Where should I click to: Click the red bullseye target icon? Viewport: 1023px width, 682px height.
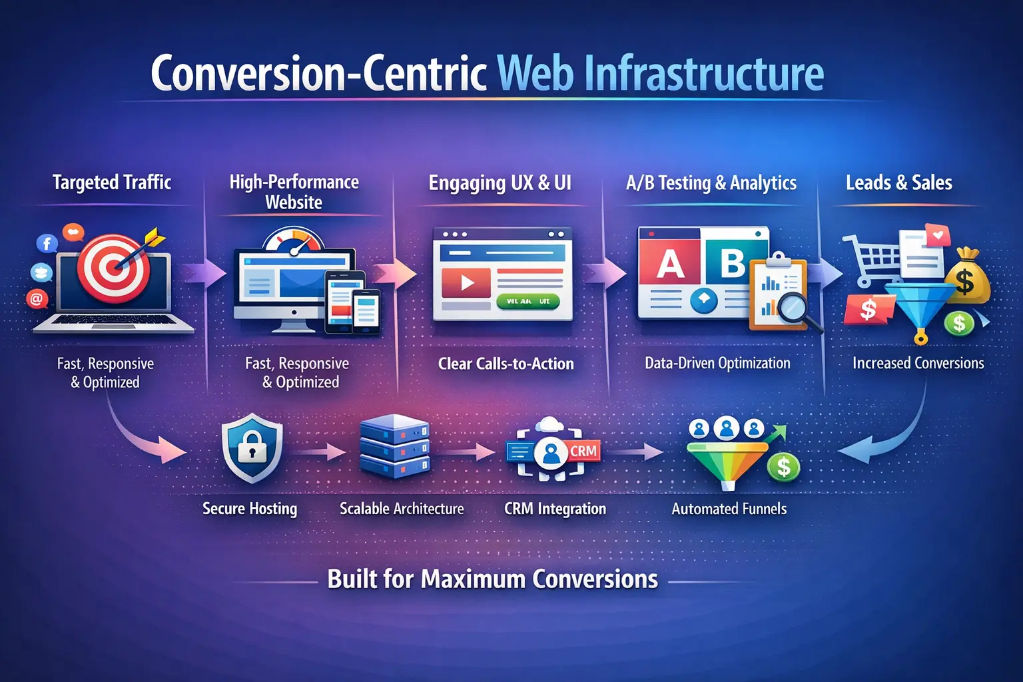click(x=114, y=268)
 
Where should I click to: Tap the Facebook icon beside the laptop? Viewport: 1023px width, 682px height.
click(x=47, y=243)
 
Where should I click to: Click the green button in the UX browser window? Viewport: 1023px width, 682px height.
click(x=527, y=302)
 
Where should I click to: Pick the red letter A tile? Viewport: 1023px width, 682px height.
click(x=669, y=265)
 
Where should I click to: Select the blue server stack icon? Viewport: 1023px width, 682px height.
click(x=394, y=446)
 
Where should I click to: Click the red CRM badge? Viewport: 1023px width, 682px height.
click(x=583, y=451)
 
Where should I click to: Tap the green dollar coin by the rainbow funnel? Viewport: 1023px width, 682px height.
click(x=783, y=467)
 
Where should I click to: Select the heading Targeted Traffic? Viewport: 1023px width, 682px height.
click(x=112, y=182)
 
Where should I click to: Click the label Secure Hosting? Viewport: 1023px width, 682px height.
click(x=250, y=509)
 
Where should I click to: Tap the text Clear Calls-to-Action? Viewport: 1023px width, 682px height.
click(x=506, y=364)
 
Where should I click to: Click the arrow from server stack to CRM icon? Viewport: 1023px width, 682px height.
click(x=470, y=452)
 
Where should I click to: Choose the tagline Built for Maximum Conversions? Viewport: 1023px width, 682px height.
click(x=492, y=579)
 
